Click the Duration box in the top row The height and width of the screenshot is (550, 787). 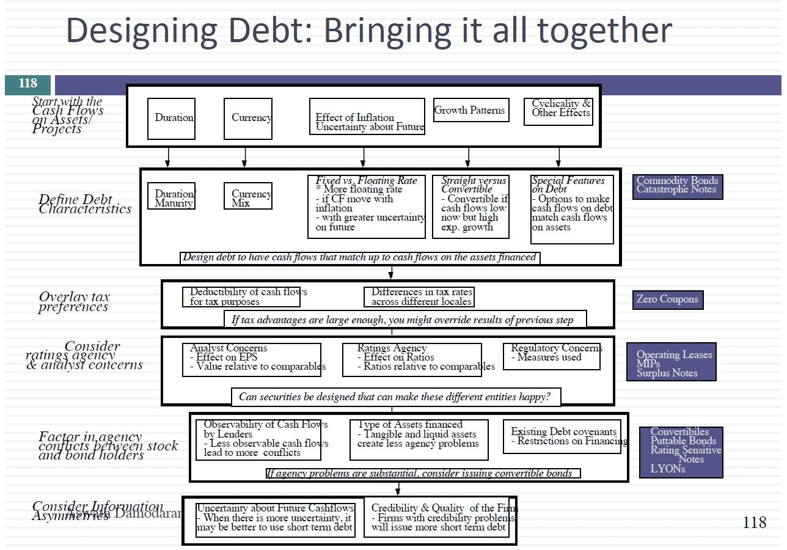171,119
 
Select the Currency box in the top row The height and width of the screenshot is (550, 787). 248,119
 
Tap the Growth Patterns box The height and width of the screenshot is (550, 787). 470,110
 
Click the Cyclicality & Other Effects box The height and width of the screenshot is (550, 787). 558,112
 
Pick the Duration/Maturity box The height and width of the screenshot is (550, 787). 175,196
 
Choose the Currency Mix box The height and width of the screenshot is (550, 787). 247,196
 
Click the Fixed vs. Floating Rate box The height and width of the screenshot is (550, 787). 366,207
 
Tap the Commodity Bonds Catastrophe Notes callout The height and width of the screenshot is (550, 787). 678,185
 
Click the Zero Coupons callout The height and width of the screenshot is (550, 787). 667,299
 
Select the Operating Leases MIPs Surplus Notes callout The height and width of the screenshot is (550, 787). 671,363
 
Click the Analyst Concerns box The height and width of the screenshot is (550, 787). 251,359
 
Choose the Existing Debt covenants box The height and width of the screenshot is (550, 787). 565,436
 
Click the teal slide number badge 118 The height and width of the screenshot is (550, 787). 27,84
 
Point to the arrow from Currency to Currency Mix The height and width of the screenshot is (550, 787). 244,157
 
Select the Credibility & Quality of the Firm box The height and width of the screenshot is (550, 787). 439,518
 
